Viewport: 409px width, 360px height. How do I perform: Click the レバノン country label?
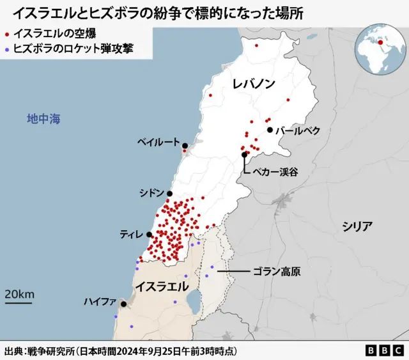point(254,84)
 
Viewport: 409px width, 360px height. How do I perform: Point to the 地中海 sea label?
point(43,119)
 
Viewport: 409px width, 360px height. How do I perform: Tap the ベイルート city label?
point(158,142)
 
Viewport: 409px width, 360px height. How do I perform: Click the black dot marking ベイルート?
point(185,146)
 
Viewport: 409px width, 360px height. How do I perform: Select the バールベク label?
point(298,130)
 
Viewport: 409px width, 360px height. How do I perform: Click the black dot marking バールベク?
point(270,130)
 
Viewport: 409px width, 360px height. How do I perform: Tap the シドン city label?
point(151,193)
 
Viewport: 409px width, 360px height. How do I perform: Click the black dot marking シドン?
point(170,193)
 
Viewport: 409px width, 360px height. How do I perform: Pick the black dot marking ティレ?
point(149,235)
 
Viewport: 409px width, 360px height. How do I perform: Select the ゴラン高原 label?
point(276,272)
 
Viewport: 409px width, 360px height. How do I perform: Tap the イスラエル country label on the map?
point(162,285)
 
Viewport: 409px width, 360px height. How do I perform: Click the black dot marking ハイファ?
point(123,304)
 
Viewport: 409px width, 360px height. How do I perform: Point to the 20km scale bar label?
point(19,294)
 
